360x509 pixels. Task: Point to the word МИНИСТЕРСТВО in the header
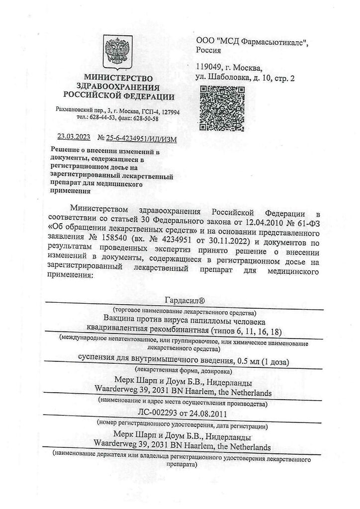point(118,78)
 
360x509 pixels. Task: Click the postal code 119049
point(211,68)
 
